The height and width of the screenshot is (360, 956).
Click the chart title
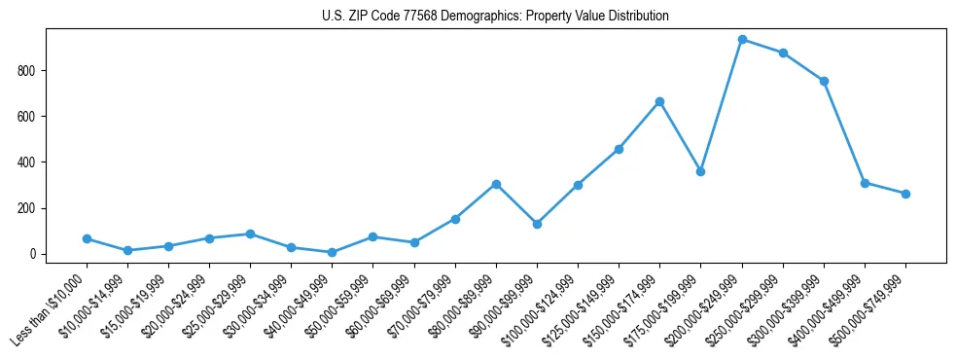tap(495, 17)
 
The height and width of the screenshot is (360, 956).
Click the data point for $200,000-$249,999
tap(742, 40)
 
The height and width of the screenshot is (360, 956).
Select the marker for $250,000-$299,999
tap(783, 53)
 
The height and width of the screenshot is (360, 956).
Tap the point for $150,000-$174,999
tap(659, 101)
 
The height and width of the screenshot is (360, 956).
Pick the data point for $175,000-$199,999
tap(700, 171)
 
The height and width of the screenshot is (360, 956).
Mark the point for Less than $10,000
tap(87, 238)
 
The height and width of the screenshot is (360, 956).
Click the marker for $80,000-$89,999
tap(496, 184)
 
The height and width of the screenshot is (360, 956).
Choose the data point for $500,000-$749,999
tap(905, 194)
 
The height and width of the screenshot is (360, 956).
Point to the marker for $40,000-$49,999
tap(333, 252)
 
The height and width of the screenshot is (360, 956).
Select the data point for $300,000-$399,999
tap(824, 81)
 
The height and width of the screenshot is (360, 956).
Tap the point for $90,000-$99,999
tap(537, 224)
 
